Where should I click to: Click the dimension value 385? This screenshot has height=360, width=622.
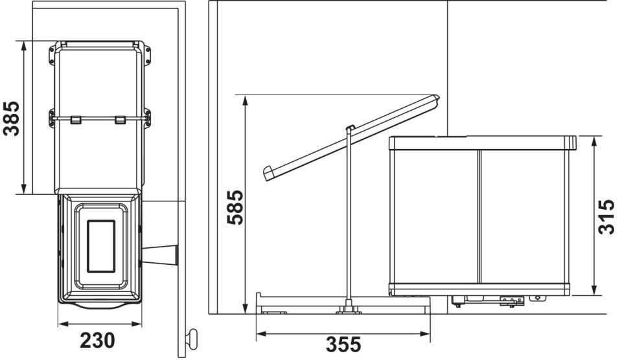click(12, 117)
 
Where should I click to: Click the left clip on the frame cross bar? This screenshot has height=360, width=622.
click(75, 120)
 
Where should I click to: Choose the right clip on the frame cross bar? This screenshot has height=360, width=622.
click(119, 120)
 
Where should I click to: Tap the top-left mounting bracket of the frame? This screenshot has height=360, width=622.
click(51, 54)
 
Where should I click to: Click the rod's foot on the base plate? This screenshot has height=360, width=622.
click(349, 309)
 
